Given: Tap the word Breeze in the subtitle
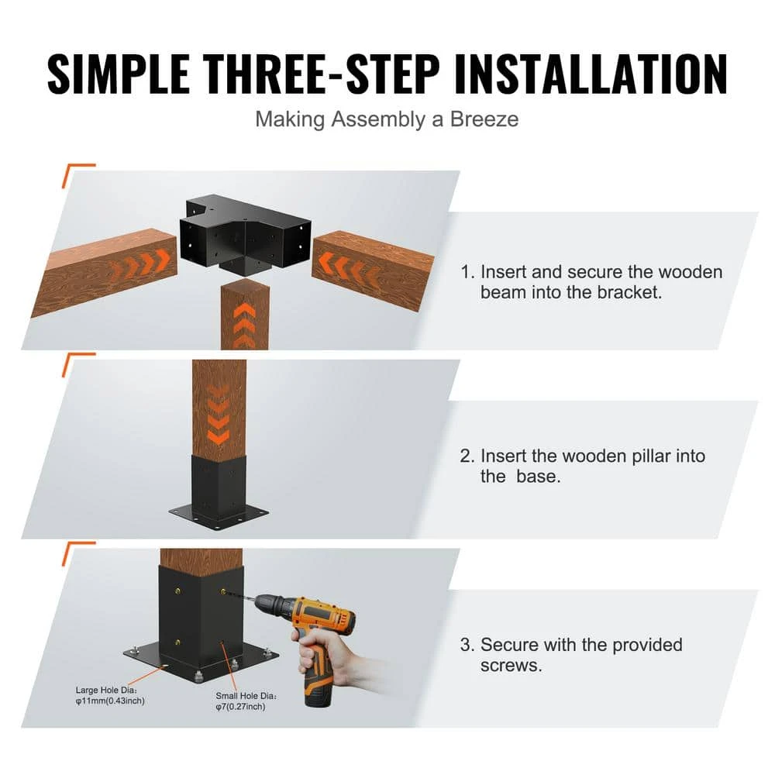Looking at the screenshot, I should tap(484, 119).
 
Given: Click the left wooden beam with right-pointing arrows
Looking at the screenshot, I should tap(105, 271).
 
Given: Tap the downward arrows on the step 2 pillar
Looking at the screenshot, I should tap(219, 418).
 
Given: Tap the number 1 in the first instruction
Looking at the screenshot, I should tap(465, 273).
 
